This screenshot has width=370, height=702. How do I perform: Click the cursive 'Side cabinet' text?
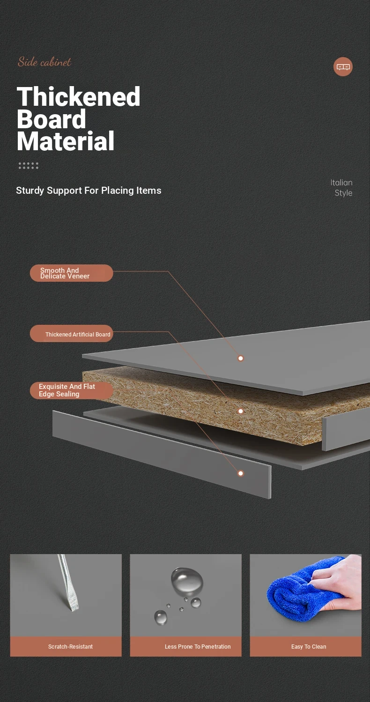coord(44,62)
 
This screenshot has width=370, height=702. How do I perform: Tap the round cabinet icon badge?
coord(343,66)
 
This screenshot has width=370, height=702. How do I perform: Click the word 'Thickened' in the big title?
coord(78,96)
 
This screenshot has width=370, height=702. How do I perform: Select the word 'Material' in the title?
coord(66,141)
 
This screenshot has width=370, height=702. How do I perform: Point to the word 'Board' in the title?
coord(52,119)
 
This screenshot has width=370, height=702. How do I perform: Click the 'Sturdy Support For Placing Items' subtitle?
coord(89,190)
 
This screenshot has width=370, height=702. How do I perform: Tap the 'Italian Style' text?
coord(341,188)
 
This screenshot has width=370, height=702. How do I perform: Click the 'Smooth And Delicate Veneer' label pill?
coord(72,273)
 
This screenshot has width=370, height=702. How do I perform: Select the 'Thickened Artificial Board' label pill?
coord(72,333)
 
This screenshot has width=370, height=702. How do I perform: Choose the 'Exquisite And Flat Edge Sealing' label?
coord(72,390)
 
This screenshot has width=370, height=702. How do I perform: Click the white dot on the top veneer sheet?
coord(241,358)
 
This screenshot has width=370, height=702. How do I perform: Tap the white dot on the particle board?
coord(241,411)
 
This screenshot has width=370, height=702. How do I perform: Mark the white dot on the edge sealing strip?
coord(241,473)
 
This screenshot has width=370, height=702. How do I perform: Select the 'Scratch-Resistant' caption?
coord(71,646)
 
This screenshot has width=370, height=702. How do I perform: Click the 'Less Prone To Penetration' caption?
coord(198,646)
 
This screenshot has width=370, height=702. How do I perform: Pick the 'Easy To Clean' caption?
coord(309,646)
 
